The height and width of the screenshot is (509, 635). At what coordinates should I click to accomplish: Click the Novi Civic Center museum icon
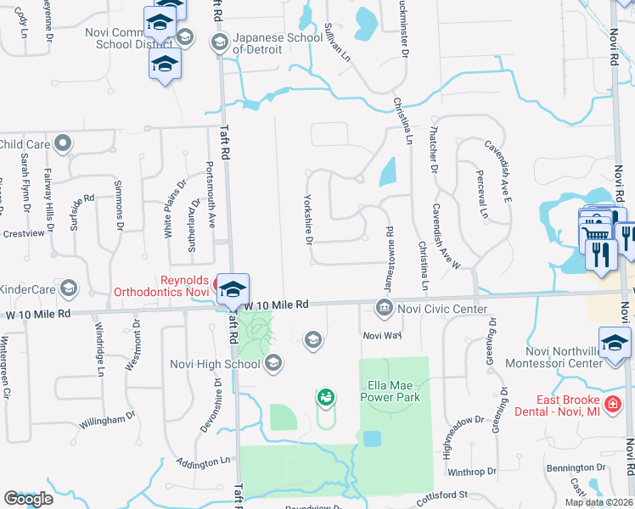click(384, 307)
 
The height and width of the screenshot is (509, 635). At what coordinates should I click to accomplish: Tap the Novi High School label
click(225, 365)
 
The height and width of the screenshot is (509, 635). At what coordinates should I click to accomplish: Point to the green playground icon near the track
click(325, 396)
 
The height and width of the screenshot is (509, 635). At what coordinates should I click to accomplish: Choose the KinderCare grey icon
click(68, 289)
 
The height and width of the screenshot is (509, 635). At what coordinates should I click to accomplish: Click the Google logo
click(28, 499)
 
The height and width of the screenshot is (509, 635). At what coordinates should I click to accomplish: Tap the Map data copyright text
click(598, 502)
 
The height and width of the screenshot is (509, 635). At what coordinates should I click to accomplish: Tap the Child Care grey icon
click(62, 144)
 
